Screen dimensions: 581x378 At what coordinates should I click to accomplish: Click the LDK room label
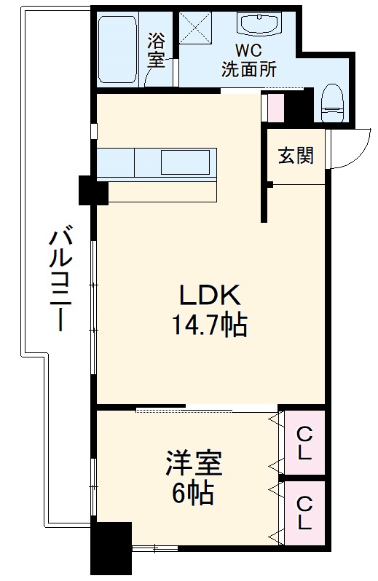click(x=210, y=296)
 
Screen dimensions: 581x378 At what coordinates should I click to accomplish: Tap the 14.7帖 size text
click(x=210, y=325)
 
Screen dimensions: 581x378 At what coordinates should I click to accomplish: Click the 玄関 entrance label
click(x=296, y=155)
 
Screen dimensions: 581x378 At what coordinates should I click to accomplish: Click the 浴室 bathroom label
click(x=157, y=50)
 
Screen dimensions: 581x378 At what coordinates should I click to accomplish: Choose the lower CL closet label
click(x=304, y=513)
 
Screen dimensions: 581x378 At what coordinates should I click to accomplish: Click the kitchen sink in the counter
click(x=185, y=162)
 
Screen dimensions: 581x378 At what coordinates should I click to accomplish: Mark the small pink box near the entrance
click(x=275, y=108)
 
